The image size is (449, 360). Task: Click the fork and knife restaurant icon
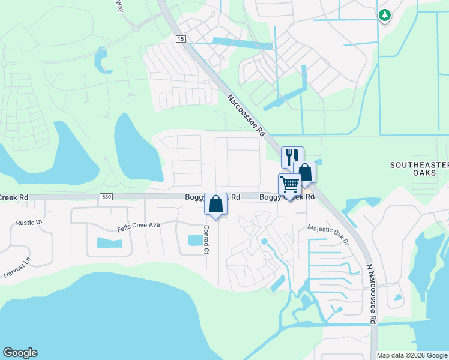point(292,157)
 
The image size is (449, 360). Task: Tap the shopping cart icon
point(289,184)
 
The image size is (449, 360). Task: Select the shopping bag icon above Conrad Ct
point(215,203)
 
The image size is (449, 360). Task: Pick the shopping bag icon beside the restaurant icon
point(304,172)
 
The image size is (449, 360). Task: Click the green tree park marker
point(384,15)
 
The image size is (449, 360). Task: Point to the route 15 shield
point(181,38)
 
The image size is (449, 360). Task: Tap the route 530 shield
point(106,197)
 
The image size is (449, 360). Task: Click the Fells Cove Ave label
point(138,225)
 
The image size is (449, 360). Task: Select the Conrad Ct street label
point(205,239)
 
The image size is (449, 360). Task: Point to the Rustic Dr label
point(29,223)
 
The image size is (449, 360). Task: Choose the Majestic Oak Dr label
point(328,235)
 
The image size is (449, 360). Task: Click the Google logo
point(20,353)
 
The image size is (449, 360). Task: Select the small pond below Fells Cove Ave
point(109,243)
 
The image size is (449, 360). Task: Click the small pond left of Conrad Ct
point(195,240)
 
